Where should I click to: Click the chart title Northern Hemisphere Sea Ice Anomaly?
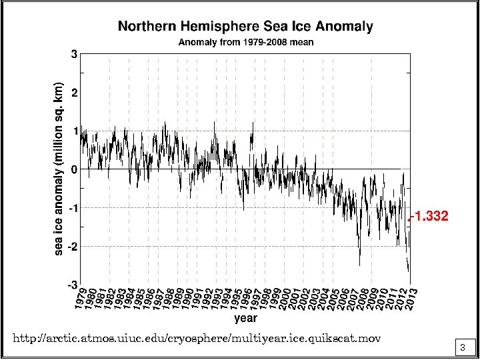(245, 27)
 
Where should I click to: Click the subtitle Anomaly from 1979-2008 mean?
(245, 42)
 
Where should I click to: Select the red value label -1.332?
(429, 217)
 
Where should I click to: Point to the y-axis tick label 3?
(73, 54)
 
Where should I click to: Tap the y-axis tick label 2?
(73, 93)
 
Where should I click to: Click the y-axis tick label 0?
(73, 169)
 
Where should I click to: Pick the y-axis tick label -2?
(71, 247)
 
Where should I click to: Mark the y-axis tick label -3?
(71, 285)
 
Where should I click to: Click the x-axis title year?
(245, 318)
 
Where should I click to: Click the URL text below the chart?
(197, 339)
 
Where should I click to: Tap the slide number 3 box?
(462, 347)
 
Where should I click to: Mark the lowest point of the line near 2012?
(409, 271)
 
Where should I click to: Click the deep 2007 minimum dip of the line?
(359, 265)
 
